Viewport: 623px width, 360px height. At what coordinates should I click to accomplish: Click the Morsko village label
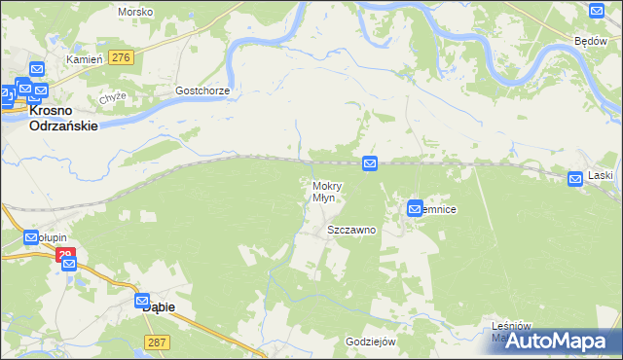(x=135, y=12)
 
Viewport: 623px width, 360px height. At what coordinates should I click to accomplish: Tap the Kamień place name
(x=84, y=59)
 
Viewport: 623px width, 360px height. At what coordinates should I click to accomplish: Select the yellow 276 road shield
(x=121, y=58)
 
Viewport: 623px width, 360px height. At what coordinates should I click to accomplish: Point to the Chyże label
(x=113, y=98)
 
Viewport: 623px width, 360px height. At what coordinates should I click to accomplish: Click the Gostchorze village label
(x=202, y=90)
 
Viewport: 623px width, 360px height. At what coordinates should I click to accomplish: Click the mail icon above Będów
(x=597, y=11)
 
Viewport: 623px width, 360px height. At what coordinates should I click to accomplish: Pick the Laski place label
(x=601, y=176)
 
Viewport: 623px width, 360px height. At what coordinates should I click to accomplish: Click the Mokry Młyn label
(x=323, y=192)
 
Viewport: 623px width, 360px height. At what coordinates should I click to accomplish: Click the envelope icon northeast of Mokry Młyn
(x=370, y=164)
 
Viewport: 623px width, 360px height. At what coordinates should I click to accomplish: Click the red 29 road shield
(x=64, y=255)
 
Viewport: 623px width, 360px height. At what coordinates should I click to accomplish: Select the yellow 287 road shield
(x=156, y=342)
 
